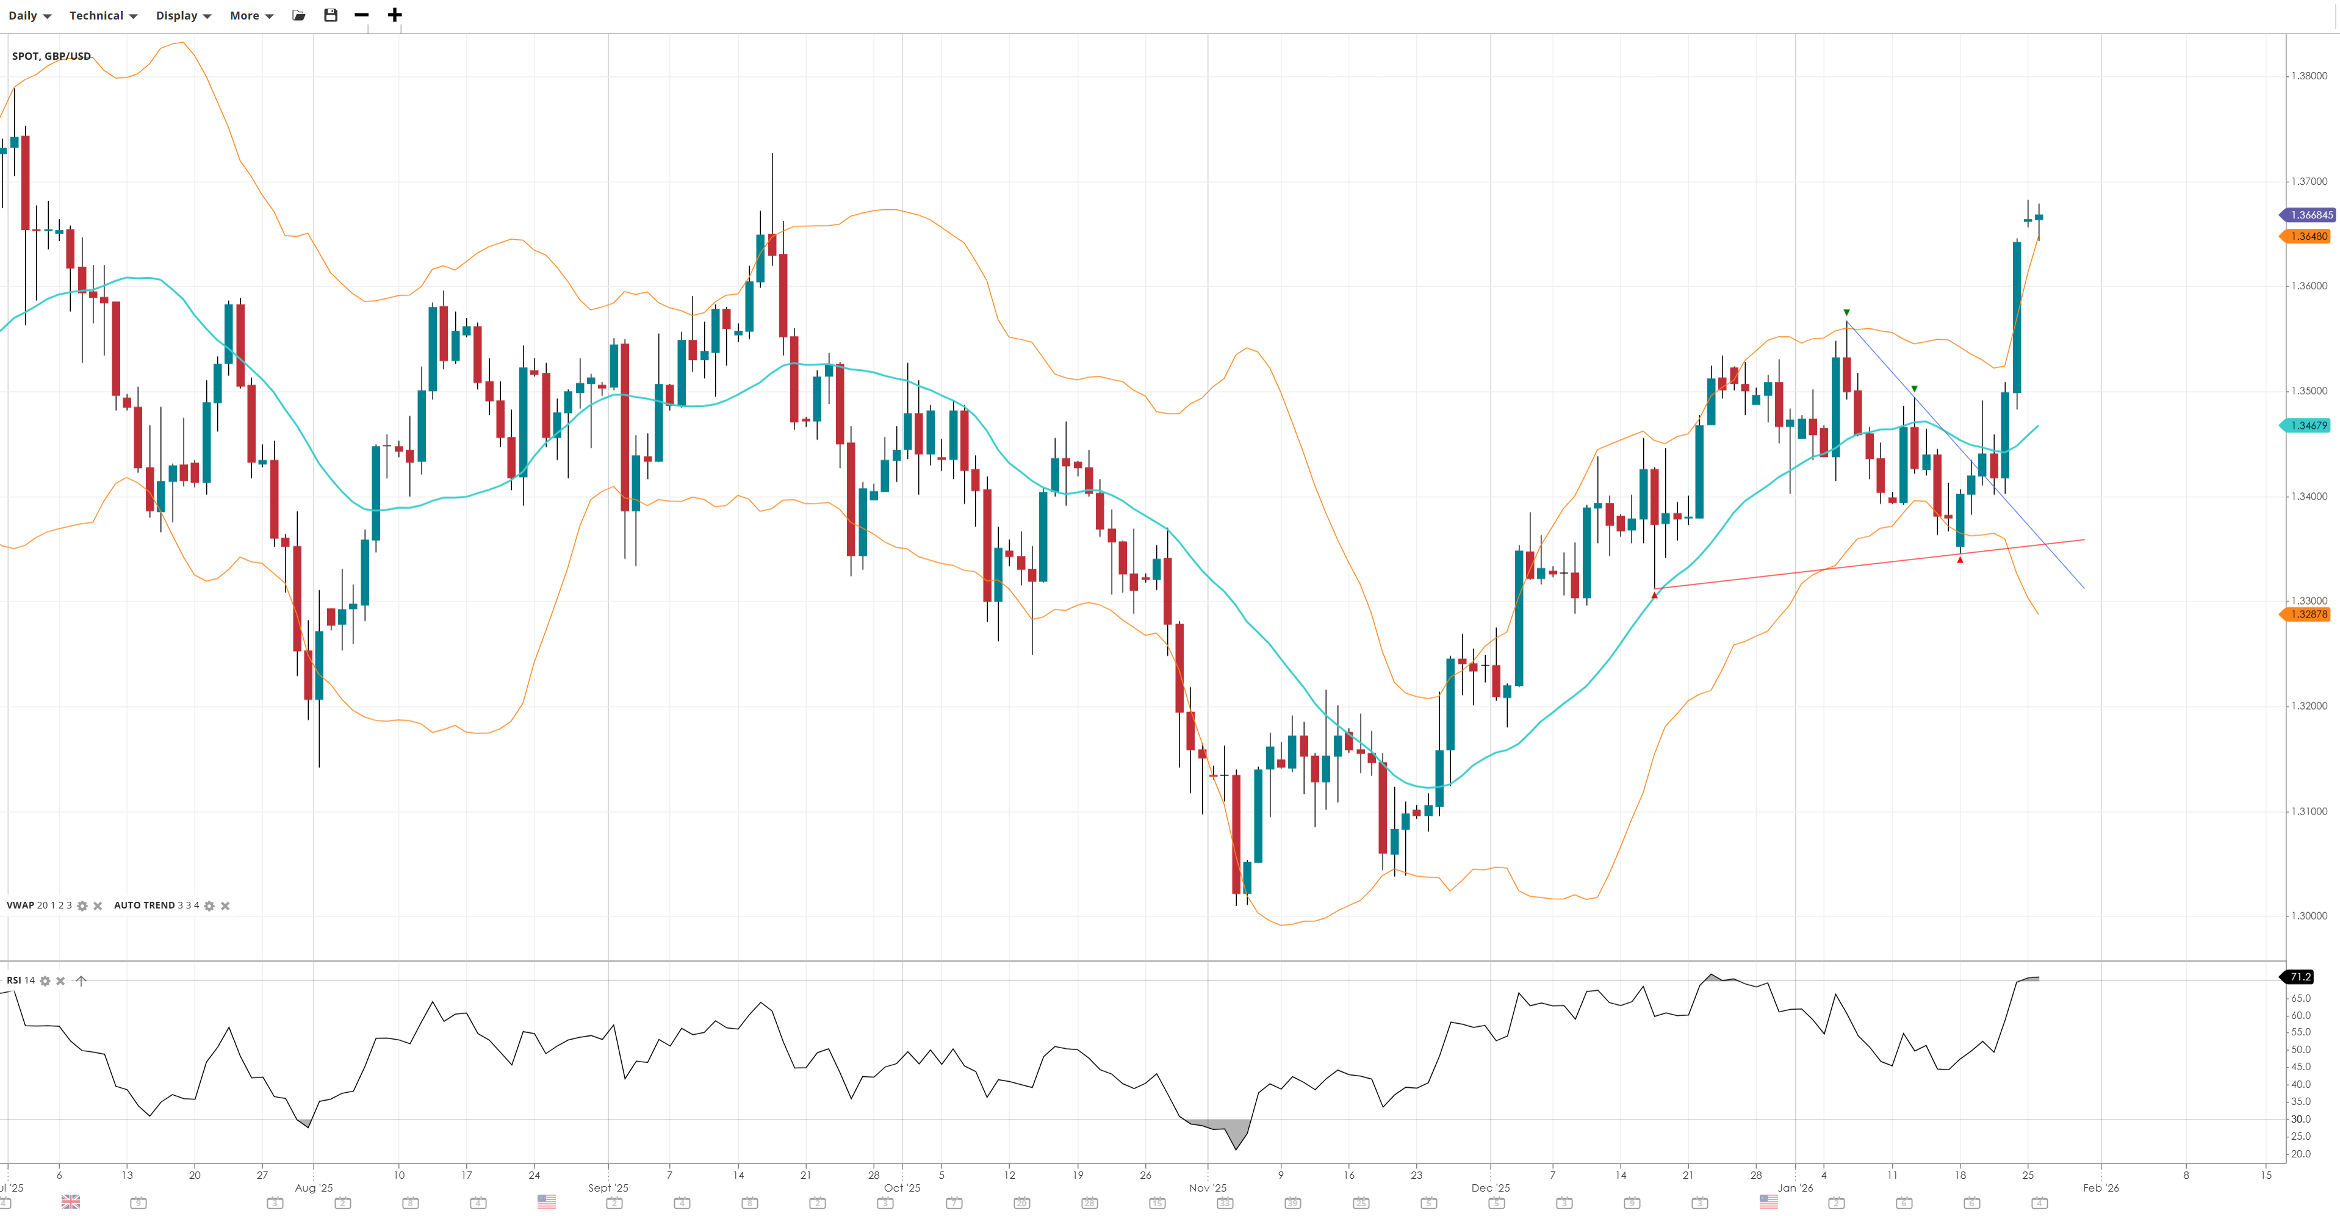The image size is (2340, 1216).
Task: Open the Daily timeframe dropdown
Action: click(29, 15)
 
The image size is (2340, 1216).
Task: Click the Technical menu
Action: click(103, 15)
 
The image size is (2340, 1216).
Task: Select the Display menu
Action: click(182, 15)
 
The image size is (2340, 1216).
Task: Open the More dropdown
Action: click(251, 15)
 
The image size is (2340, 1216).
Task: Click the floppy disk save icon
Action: click(331, 15)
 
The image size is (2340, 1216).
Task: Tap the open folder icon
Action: click(299, 15)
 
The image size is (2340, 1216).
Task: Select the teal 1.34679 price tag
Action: click(2308, 426)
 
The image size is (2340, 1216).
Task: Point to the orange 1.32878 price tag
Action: click(2308, 615)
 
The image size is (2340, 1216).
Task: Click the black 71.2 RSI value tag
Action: click(2300, 977)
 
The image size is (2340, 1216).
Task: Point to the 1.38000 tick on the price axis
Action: click(2308, 76)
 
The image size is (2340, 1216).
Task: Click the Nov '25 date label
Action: click(1208, 1188)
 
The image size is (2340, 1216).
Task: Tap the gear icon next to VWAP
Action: click(82, 906)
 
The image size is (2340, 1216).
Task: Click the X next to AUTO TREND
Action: click(225, 906)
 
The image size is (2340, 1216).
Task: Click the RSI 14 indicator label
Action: click(21, 980)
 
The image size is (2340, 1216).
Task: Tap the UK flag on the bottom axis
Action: click(71, 1201)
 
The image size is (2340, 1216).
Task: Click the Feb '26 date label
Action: click(2100, 1188)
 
